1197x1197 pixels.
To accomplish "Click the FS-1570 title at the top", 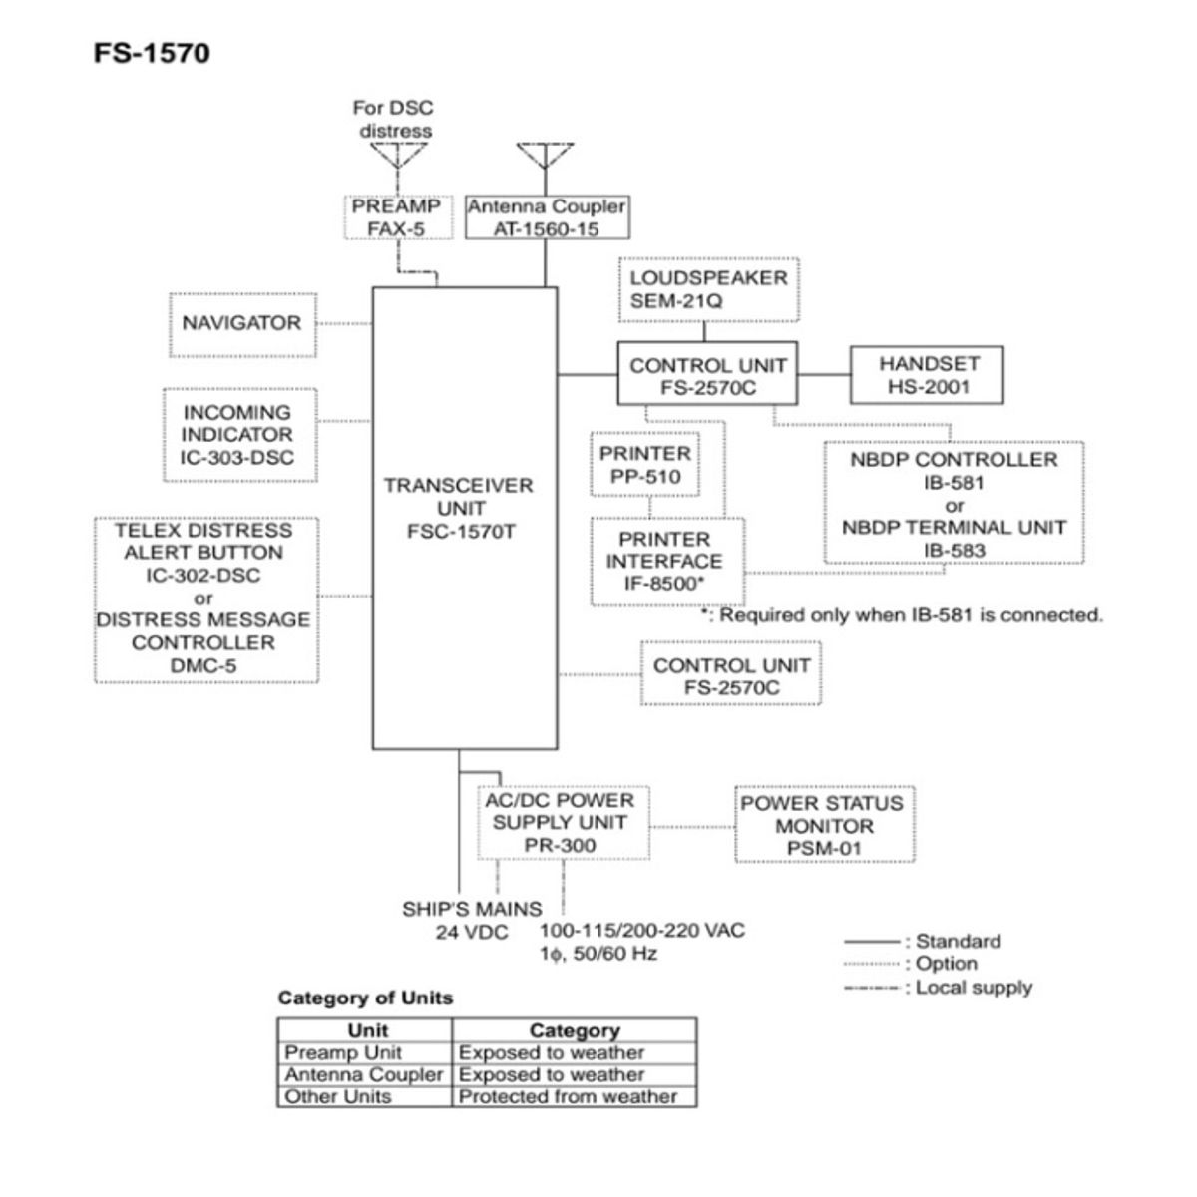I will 152,52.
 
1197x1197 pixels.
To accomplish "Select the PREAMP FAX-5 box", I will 396,217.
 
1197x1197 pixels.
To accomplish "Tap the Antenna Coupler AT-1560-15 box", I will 547,217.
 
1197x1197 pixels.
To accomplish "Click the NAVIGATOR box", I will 241,323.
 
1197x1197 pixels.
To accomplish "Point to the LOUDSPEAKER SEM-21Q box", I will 708,289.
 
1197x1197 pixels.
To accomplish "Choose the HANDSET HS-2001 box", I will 928,375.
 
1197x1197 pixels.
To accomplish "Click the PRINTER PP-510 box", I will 644,465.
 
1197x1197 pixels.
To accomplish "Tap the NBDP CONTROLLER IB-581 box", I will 954,505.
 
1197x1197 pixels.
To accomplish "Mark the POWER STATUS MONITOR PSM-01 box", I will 824,826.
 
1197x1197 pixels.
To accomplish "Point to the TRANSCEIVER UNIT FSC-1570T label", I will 459,508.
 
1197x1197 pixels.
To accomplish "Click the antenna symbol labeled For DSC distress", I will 398,155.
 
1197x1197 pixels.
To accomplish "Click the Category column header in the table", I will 574,1031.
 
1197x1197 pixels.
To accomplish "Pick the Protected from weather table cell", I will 568,1096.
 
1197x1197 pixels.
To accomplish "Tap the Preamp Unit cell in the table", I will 343,1053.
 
